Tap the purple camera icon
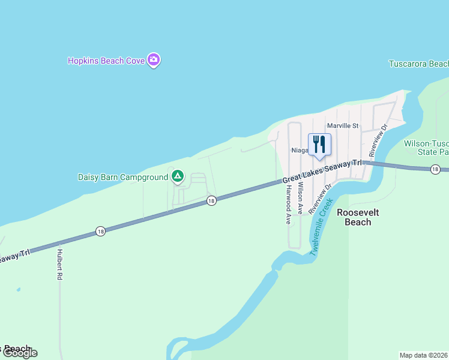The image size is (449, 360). (x=154, y=60)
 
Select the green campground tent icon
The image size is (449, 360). (x=177, y=176)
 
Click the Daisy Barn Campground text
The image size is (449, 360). (x=123, y=177)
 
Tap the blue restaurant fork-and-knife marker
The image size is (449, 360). (x=319, y=145)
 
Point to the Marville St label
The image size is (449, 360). (x=342, y=126)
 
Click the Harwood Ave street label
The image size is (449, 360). (x=289, y=203)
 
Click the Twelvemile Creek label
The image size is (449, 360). (x=322, y=228)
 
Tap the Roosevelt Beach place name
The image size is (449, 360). (x=354, y=217)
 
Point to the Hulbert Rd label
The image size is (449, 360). (x=60, y=265)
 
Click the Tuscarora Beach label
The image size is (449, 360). (x=418, y=64)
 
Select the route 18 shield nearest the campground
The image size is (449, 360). (x=211, y=201)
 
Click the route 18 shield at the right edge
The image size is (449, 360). (x=435, y=170)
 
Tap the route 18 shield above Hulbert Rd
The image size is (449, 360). (x=100, y=231)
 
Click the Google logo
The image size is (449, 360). (x=19, y=353)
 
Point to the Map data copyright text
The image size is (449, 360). (x=424, y=355)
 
